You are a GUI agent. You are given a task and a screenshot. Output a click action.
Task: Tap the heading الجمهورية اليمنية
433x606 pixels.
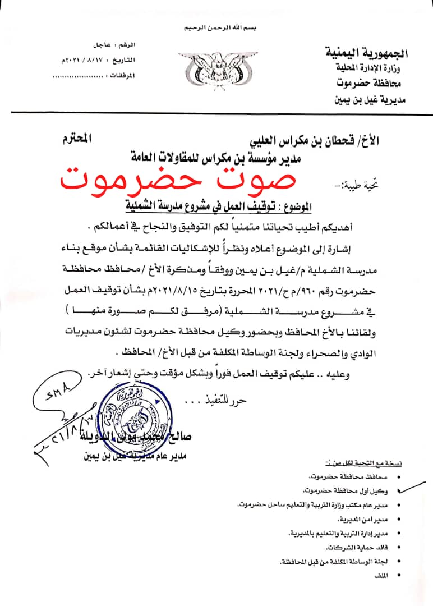(367, 54)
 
